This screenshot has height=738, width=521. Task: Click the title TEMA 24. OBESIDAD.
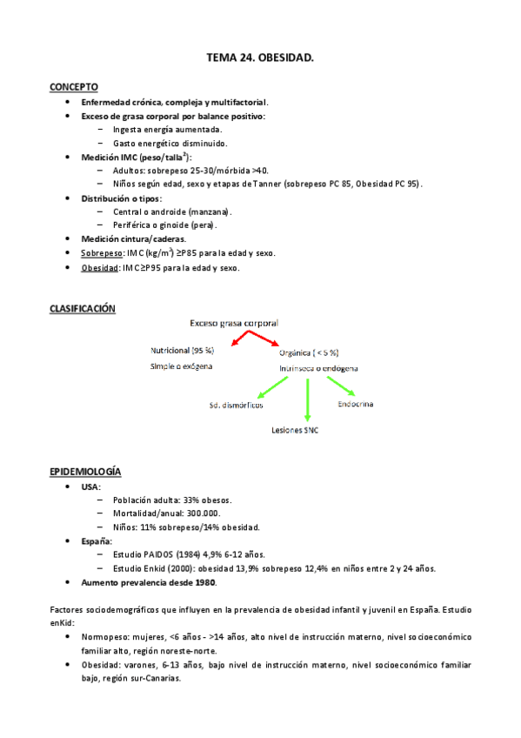(260, 57)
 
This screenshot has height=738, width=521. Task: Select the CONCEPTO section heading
(73, 87)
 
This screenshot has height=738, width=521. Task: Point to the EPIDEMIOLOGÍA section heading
(85, 472)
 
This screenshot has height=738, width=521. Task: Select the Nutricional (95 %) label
(183, 350)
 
